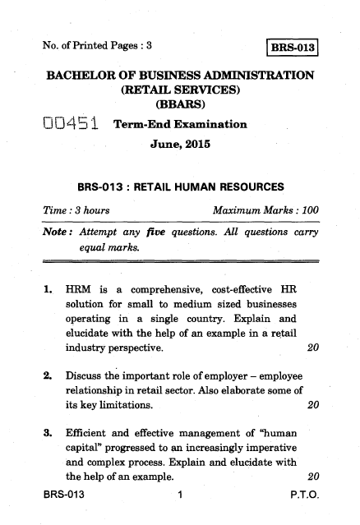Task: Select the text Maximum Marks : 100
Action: pos(265,211)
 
